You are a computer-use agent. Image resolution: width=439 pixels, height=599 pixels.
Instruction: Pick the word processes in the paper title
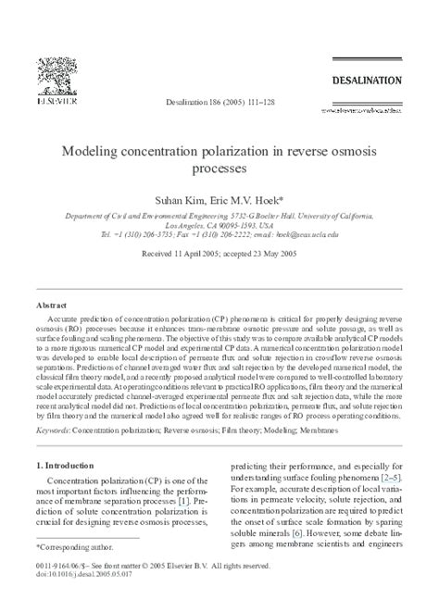tap(219, 169)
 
